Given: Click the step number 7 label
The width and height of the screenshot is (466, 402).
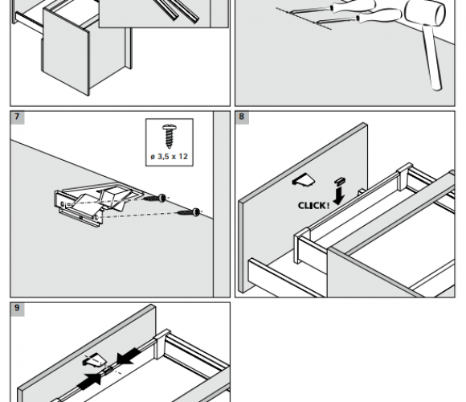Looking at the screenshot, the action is (17, 117).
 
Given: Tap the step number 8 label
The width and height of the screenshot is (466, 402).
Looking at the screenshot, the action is (242, 117).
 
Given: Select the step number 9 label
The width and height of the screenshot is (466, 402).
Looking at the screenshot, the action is (17, 308).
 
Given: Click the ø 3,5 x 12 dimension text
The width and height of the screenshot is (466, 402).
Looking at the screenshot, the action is (169, 157).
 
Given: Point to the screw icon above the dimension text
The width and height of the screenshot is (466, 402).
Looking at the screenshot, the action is (170, 137).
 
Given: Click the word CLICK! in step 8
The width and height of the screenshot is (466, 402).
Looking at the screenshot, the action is (313, 206).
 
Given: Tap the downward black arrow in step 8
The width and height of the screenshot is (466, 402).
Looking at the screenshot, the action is (339, 195).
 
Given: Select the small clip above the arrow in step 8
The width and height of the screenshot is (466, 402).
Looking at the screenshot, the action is (340, 180).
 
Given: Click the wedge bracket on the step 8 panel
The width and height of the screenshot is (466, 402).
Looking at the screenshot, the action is (304, 180).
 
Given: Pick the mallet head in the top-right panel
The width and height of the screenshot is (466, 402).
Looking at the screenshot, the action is (426, 13).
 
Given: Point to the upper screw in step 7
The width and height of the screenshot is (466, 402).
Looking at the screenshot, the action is (154, 198).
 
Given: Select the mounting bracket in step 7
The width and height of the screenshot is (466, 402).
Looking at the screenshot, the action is (94, 202).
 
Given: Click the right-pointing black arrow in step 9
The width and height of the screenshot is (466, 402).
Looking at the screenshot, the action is (89, 380).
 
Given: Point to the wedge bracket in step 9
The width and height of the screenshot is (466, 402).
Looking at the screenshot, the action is (94, 359).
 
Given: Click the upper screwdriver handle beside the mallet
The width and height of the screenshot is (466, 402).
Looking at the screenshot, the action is (354, 6).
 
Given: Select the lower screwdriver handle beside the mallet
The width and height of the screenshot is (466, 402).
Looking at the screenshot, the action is (380, 15).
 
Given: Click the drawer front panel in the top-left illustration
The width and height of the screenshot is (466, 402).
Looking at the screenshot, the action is (65, 52).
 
